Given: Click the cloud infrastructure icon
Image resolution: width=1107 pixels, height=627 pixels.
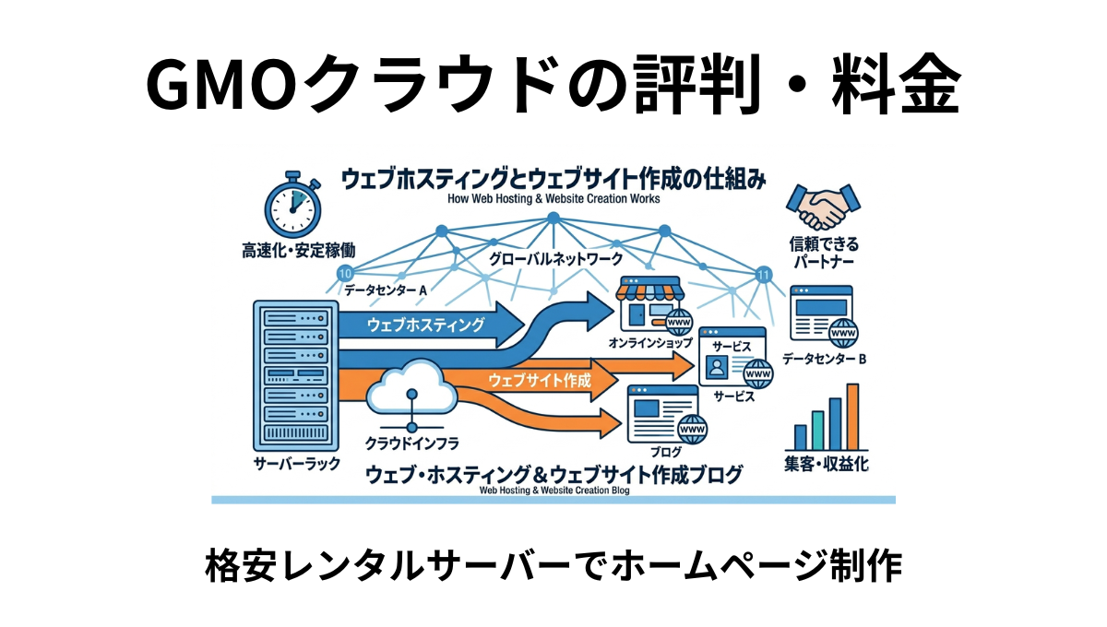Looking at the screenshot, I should [x=411, y=391].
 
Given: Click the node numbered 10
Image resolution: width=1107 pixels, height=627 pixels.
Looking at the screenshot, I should [x=345, y=274].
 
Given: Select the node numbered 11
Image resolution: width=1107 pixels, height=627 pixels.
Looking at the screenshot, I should [x=763, y=274].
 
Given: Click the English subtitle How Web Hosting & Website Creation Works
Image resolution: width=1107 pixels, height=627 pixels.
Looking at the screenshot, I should [x=553, y=198].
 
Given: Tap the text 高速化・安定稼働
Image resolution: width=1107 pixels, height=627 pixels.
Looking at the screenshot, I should [x=298, y=249].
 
